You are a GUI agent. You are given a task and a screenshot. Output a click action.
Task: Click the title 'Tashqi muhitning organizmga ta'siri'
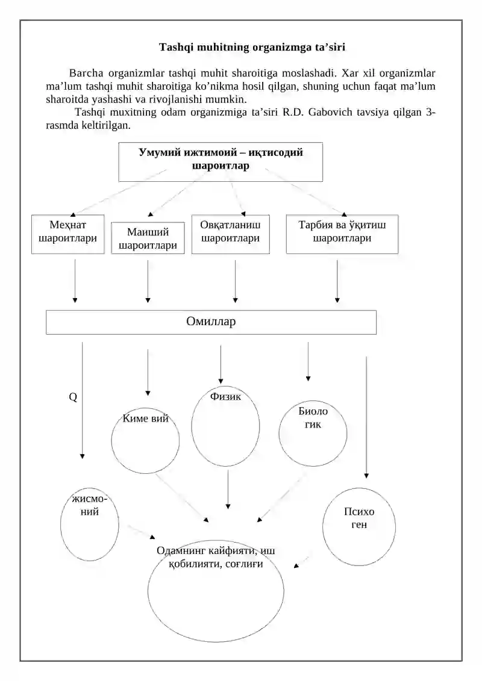coord(252,47)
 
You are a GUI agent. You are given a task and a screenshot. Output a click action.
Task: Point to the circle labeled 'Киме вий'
coord(111,441)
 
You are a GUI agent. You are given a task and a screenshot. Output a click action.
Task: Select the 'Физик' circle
coord(192,426)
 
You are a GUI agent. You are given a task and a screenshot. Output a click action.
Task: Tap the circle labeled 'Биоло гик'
coord(279,434)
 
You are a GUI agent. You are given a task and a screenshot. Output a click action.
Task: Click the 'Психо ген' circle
coord(323,527)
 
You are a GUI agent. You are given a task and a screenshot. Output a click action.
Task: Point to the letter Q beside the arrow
coord(73,397)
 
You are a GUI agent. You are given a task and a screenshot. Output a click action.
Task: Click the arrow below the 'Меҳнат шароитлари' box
coord(75,281)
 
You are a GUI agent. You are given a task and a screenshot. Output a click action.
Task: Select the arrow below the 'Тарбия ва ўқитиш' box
coord(337,281)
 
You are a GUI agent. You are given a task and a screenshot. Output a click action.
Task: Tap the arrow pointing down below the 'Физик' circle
coord(228,490)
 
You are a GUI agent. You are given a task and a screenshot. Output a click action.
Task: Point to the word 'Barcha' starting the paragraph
coord(86,73)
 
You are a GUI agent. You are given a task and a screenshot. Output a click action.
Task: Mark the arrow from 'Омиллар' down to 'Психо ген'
coord(366,417)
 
